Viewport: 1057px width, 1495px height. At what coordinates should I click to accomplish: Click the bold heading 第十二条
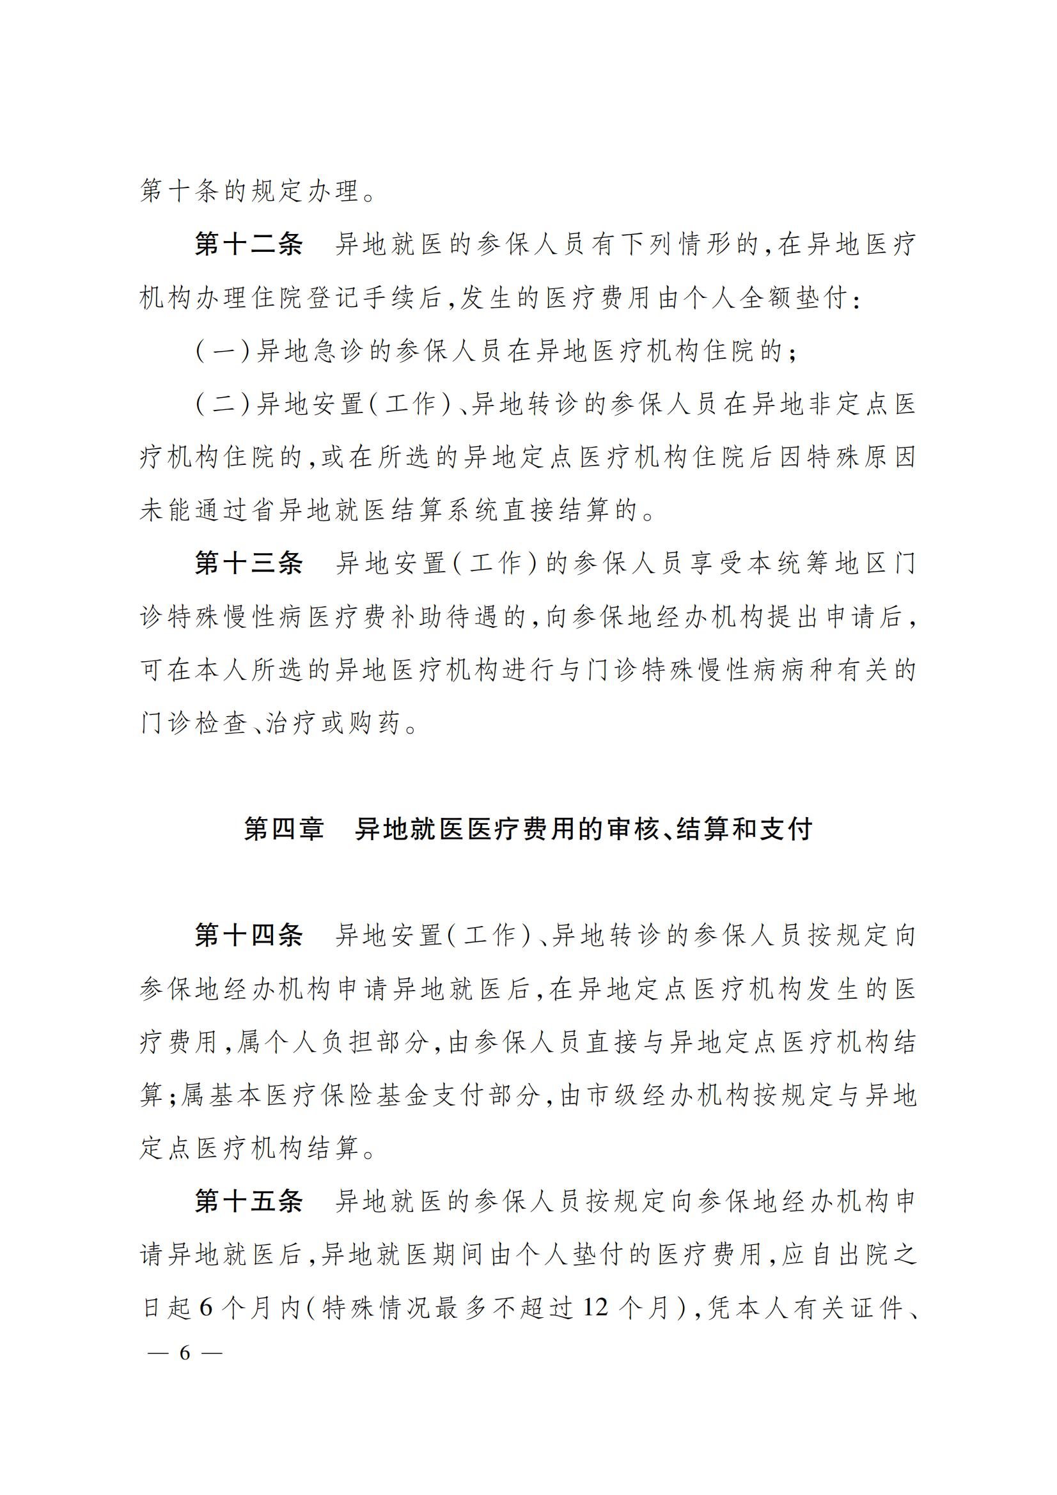tap(249, 245)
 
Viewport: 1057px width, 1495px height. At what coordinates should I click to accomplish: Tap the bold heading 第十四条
tap(249, 935)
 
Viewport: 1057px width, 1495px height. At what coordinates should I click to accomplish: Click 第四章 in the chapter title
tap(284, 829)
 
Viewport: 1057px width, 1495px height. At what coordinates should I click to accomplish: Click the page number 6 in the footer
tap(185, 1353)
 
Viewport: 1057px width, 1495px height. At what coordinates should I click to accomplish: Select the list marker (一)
tap(223, 352)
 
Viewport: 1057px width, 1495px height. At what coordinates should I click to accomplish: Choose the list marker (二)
tap(223, 404)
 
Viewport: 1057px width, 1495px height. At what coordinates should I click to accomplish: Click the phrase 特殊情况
tap(378, 1308)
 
